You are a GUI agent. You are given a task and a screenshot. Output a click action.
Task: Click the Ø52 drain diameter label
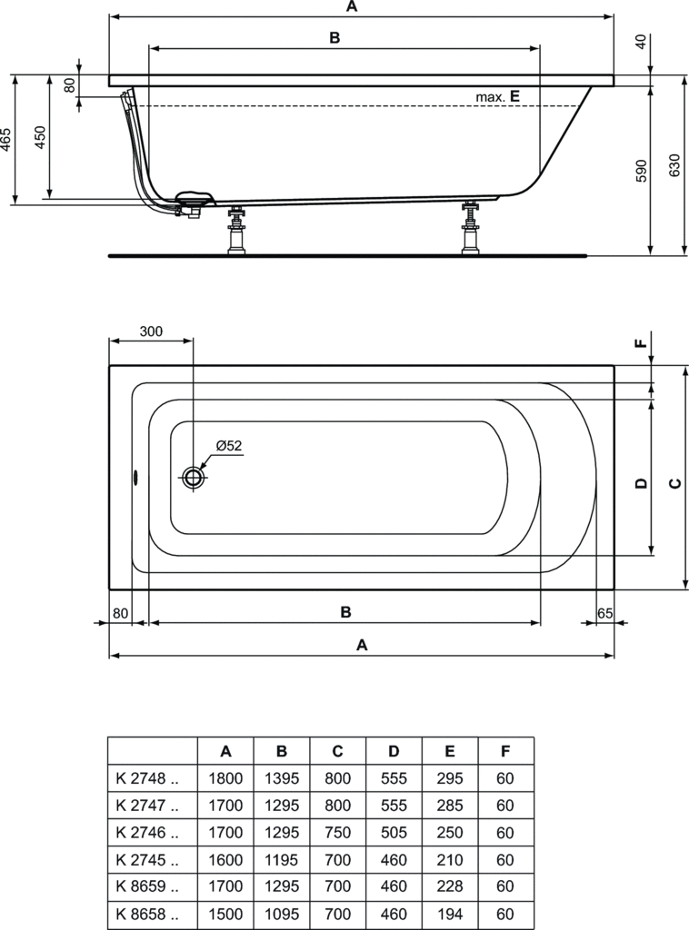click(229, 445)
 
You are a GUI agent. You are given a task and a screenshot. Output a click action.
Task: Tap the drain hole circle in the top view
click(193, 476)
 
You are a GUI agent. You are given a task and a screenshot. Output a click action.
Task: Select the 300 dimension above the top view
click(151, 331)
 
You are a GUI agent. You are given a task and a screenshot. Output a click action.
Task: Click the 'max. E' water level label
click(497, 96)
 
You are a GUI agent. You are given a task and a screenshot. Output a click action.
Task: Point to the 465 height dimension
click(6, 140)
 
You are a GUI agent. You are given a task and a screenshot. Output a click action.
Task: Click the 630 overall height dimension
click(674, 166)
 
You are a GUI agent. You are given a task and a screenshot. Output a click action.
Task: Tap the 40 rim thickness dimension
click(640, 43)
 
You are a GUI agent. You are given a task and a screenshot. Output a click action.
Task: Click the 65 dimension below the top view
click(604, 613)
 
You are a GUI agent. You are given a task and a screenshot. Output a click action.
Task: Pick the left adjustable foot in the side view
click(237, 231)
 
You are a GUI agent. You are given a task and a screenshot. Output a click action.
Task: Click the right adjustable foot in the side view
click(471, 228)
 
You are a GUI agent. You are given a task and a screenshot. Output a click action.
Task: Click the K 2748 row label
click(147, 778)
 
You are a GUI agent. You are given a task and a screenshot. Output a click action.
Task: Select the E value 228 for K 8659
click(449, 886)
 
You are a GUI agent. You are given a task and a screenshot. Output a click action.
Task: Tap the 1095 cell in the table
click(281, 914)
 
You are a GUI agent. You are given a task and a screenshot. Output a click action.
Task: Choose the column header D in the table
click(394, 751)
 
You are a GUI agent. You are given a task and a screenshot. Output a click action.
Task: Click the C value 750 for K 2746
click(337, 832)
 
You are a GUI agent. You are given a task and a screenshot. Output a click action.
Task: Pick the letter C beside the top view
click(675, 483)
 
